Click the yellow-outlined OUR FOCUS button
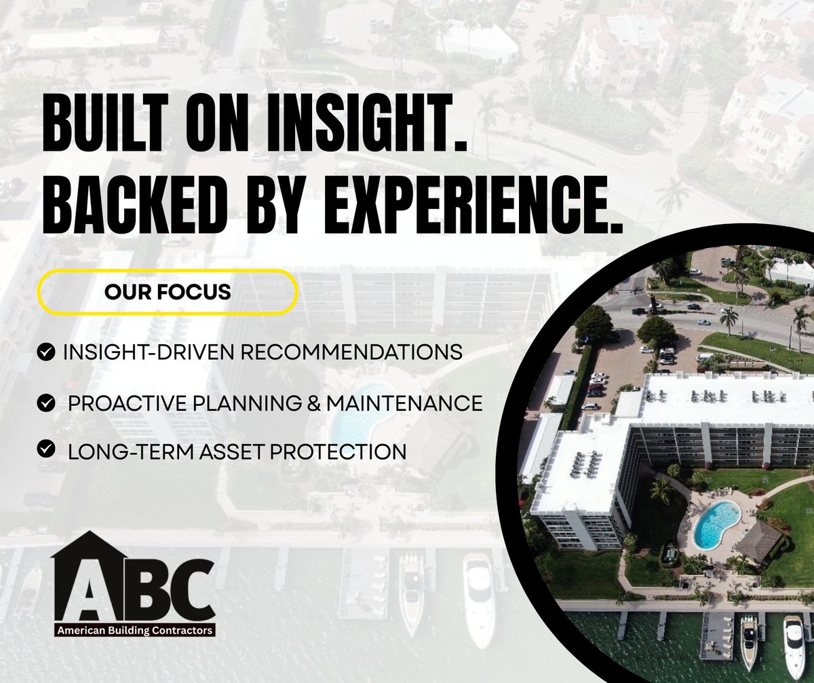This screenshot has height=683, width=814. coord(168,292)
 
